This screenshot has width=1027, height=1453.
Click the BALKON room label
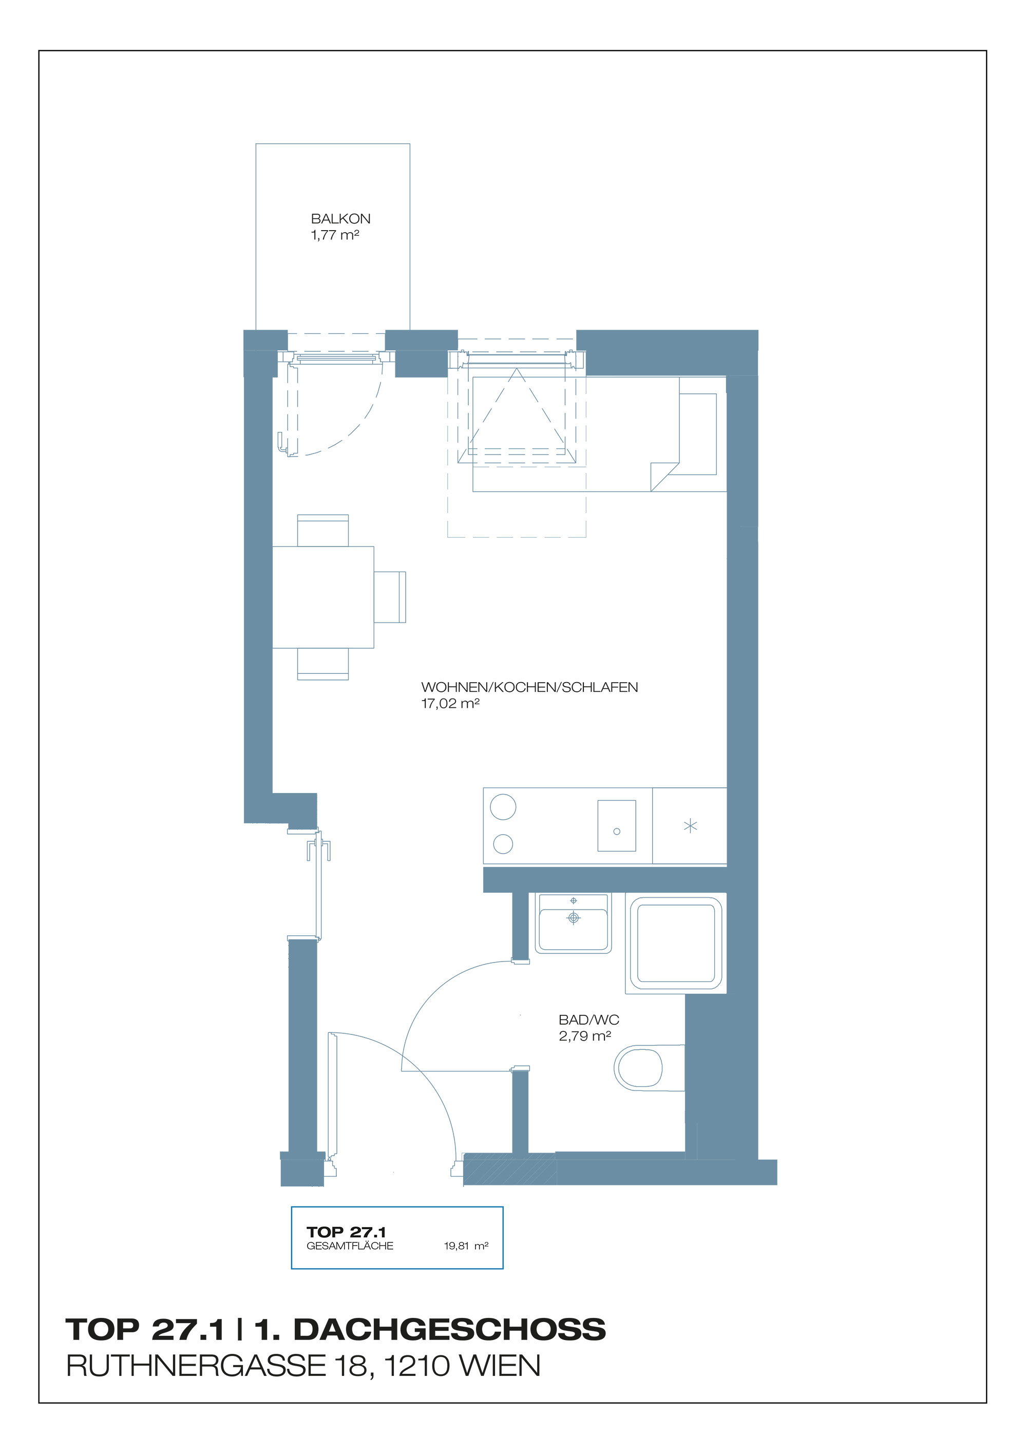click(x=340, y=219)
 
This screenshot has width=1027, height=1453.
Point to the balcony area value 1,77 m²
click(x=335, y=235)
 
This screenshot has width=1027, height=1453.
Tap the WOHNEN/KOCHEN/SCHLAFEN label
click(x=529, y=687)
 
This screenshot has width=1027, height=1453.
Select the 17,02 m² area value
click(x=450, y=704)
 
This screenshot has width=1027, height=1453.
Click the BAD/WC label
click(x=588, y=1020)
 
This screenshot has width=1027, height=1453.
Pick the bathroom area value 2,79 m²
click(x=585, y=1036)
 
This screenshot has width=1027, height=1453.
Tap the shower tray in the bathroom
click(x=676, y=943)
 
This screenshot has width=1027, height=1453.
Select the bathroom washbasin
click(x=573, y=923)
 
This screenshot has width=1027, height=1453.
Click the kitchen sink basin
click(x=616, y=826)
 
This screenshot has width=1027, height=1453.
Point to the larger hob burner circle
click(x=503, y=807)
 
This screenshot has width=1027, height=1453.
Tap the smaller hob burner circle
click(x=503, y=843)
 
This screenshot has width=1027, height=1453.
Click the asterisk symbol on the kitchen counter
click(x=690, y=826)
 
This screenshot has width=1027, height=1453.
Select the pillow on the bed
click(x=698, y=434)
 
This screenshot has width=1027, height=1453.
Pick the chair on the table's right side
click(x=390, y=597)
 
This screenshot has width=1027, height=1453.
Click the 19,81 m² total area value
click(x=466, y=1246)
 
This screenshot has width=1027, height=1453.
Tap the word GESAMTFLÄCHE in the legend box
click(x=350, y=1246)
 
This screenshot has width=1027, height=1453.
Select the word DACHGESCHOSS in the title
click(x=450, y=1330)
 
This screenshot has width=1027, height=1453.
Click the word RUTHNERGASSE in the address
click(x=195, y=1366)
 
